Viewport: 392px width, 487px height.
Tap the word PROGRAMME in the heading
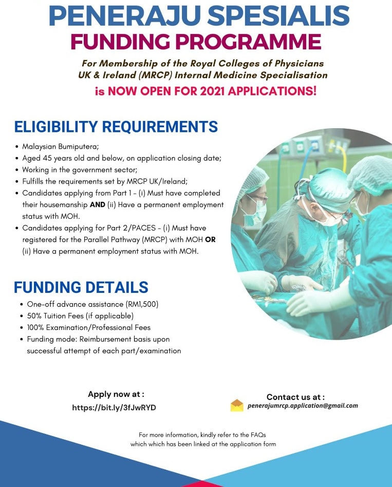(248, 42)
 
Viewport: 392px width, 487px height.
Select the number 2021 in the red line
(212, 91)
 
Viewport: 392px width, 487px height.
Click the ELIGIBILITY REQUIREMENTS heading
(116, 127)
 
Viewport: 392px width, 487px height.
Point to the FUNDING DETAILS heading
(81, 287)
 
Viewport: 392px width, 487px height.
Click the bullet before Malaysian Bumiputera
(16, 147)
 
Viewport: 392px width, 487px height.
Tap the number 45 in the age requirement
(47, 158)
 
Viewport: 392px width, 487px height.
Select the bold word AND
(97, 205)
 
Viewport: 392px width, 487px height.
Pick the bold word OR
(210, 240)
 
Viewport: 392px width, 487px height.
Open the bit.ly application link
(114, 408)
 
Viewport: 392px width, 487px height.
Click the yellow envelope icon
(237, 405)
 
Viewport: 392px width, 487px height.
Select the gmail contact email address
(303, 406)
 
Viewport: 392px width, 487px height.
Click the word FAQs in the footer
(258, 435)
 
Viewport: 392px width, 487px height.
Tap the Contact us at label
(295, 397)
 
